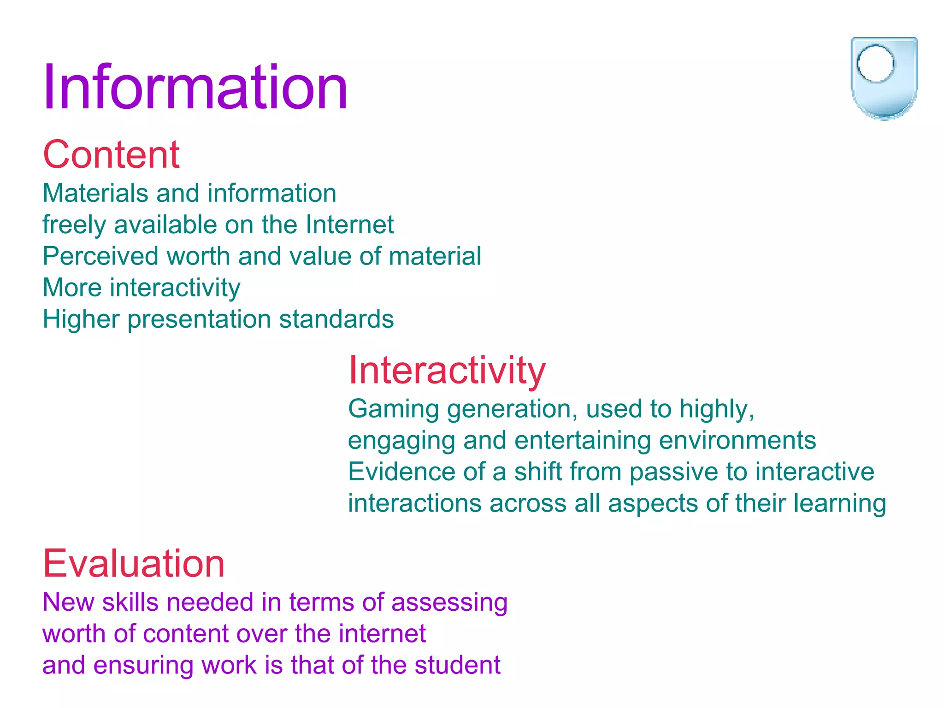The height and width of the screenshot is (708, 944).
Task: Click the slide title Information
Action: [x=195, y=87]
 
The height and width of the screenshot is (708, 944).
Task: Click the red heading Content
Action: [x=111, y=154]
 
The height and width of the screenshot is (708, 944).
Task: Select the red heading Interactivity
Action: [x=447, y=370]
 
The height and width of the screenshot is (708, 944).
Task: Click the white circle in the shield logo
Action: [x=875, y=64]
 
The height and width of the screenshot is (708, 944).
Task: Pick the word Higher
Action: [x=81, y=319]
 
